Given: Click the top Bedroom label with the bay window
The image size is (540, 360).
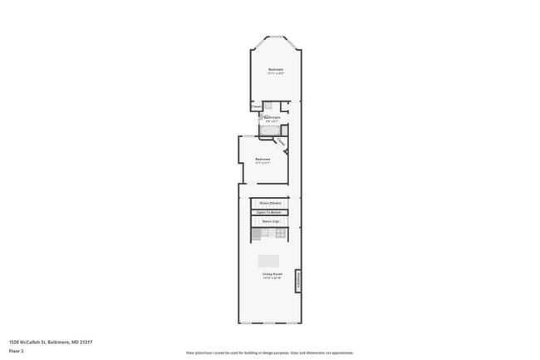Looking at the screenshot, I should coord(275,68).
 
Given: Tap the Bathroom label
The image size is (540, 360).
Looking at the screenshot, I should coord(272,117).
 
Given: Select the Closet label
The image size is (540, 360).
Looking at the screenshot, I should coord(255,106).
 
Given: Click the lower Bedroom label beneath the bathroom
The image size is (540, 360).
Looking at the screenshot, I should coord(263,159).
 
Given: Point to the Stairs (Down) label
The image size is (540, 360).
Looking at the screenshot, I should coord(270,203).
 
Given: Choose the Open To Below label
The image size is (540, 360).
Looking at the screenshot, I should coord(270,213).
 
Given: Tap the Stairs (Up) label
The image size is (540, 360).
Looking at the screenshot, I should coord(270,222).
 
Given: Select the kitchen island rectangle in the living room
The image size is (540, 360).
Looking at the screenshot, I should coord(268,260).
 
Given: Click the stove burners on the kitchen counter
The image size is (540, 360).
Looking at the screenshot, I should coord(281,233).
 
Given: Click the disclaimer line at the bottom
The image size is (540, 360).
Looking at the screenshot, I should coord(269,353).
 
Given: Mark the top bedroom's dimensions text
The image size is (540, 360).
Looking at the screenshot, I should coord(275,73).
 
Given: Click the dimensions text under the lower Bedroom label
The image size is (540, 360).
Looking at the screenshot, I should coord(263,163).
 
